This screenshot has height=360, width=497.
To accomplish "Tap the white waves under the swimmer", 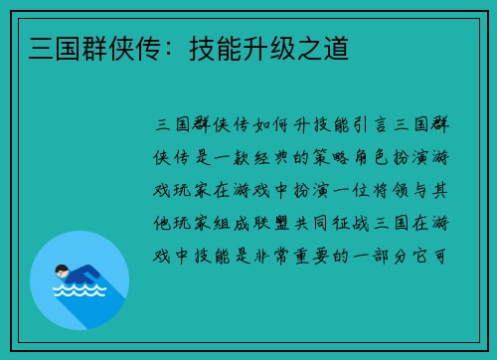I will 80,291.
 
